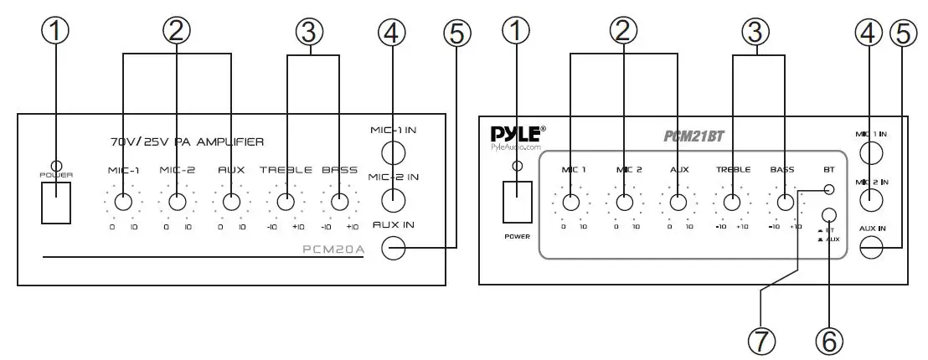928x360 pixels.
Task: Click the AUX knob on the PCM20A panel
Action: pyautogui.click(x=231, y=202)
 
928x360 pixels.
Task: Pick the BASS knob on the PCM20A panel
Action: pyautogui.click(x=339, y=202)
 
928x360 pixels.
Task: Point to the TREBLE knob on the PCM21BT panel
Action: pyautogui.click(x=732, y=202)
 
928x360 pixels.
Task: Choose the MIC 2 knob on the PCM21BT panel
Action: pyautogui.click(x=624, y=202)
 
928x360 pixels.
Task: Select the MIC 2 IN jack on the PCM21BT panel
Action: pyautogui.click(x=871, y=200)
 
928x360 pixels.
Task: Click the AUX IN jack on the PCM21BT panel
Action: pyautogui.click(x=871, y=247)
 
